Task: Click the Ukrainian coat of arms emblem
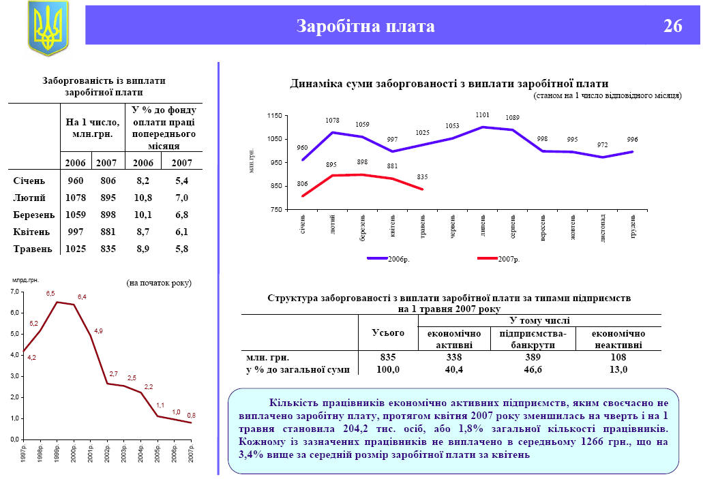[48, 28]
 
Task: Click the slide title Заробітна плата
[365, 27]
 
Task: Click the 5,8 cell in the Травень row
[181, 249]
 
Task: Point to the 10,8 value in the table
[140, 198]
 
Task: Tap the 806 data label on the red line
[302, 184]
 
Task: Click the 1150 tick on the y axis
[273, 116]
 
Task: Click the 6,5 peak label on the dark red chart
[50, 293]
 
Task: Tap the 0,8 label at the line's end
[191, 415]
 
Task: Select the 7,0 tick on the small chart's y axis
[14, 292]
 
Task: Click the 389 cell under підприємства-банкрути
[533, 356]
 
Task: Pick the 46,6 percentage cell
[533, 369]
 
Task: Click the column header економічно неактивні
[618, 339]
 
